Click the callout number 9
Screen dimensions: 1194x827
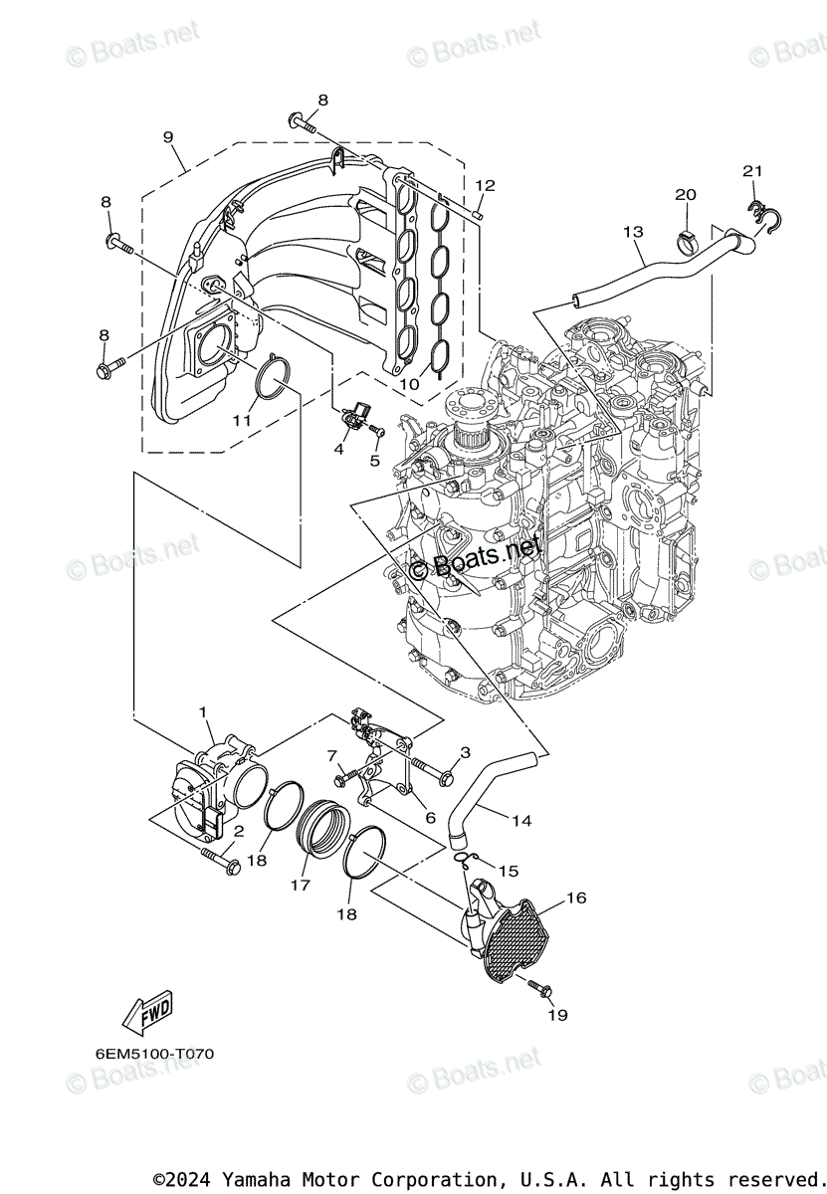(168, 137)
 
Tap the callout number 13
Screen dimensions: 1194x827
(633, 232)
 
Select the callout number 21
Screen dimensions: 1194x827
(751, 171)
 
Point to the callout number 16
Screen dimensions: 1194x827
(576, 897)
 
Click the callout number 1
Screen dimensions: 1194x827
(203, 711)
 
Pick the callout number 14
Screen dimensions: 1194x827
(521, 821)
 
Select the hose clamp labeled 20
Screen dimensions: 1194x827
(687, 239)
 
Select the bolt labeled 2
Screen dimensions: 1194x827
(220, 862)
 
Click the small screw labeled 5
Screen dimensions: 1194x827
(377, 430)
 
